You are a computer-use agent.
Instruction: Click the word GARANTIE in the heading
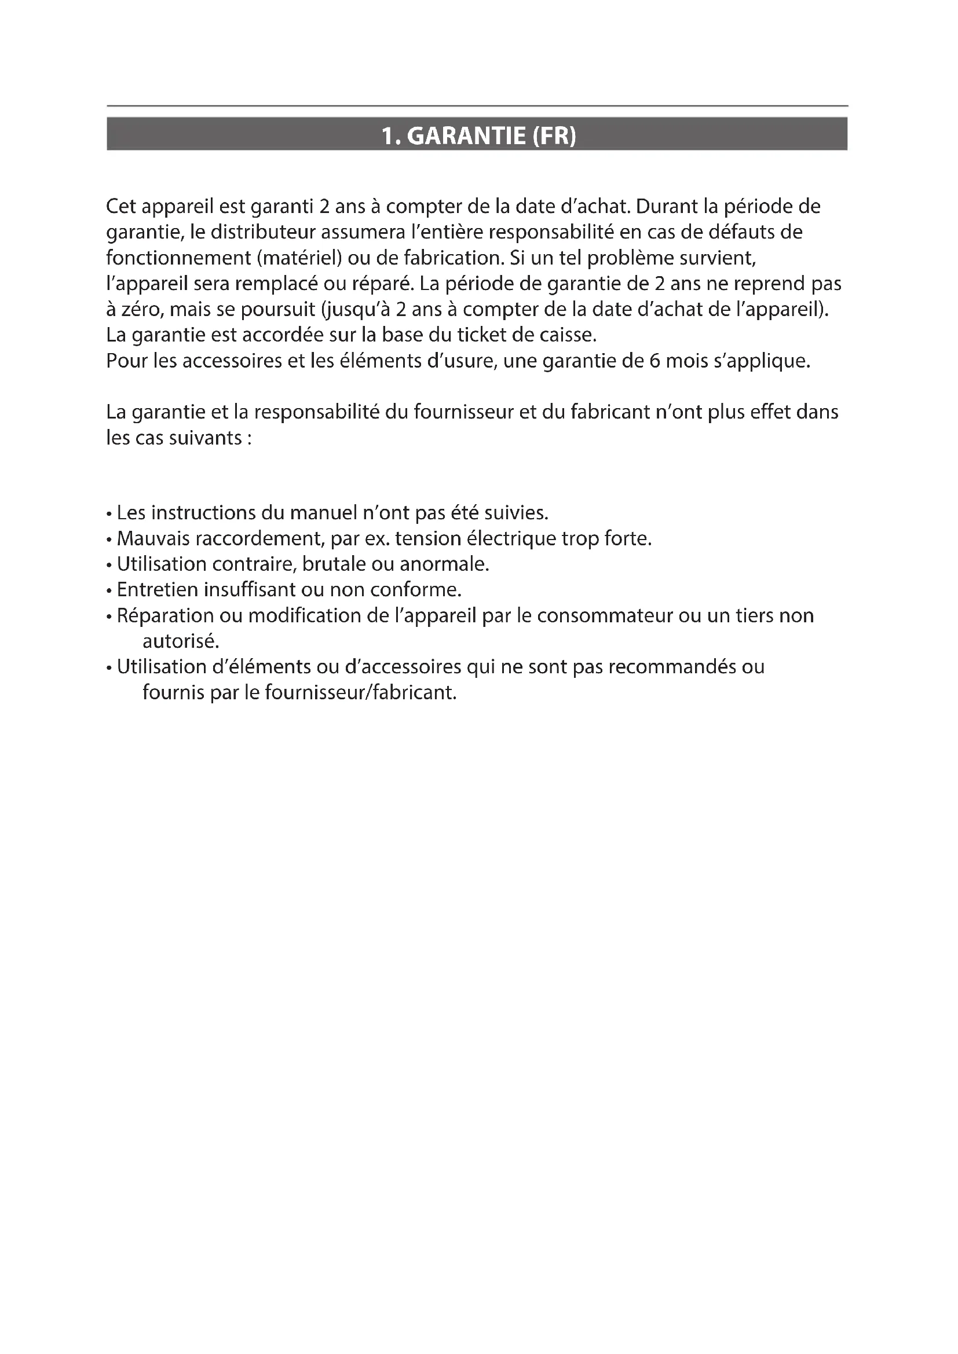[x=466, y=136]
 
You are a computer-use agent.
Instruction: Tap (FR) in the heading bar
[x=553, y=136]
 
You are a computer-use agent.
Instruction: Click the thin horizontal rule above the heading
[x=477, y=106]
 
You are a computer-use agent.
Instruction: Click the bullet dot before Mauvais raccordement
[x=109, y=540]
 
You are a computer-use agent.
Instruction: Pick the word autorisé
[x=181, y=641]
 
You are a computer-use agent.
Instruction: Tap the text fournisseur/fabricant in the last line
[x=361, y=692]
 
